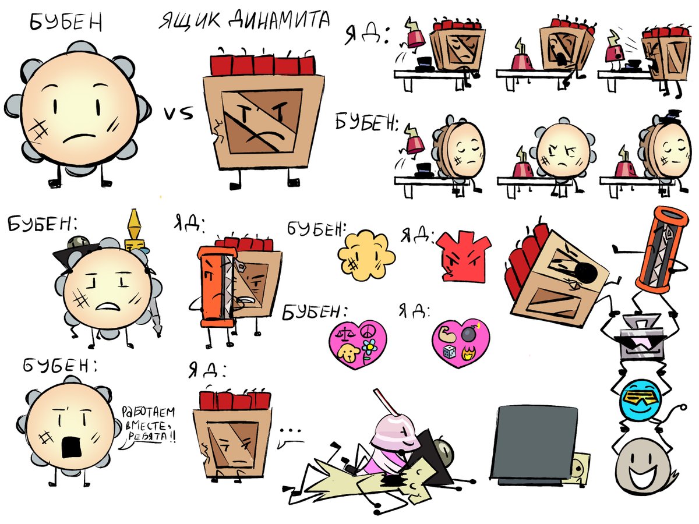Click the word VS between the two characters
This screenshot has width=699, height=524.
click(x=179, y=114)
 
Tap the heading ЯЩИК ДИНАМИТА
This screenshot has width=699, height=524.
click(x=244, y=20)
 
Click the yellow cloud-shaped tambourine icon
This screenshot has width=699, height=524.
click(x=366, y=255)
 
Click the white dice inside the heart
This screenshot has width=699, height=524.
click(x=449, y=352)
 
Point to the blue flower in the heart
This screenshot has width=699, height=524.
click(x=369, y=347)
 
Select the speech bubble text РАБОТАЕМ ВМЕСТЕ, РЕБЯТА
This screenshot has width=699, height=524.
click(x=148, y=425)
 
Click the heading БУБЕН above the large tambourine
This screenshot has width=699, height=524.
click(x=66, y=22)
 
